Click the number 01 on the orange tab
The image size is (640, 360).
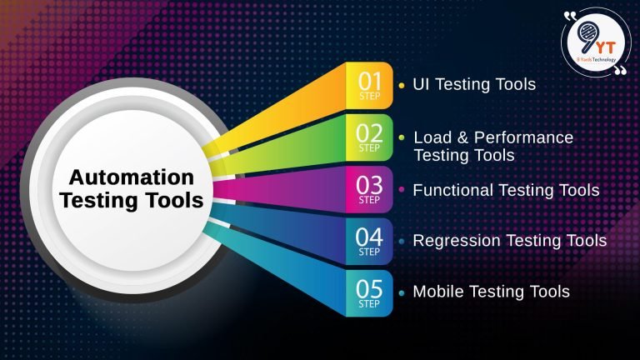[x=369, y=81]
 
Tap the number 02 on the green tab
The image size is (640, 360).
[x=369, y=132]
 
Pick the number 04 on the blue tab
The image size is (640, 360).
[x=369, y=237]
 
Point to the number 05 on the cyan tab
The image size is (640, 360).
[x=369, y=288]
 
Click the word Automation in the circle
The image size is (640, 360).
[x=131, y=177]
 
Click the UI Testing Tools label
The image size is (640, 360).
[x=474, y=84]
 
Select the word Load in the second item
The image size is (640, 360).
[x=431, y=137]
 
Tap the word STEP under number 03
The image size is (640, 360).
[x=369, y=200]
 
